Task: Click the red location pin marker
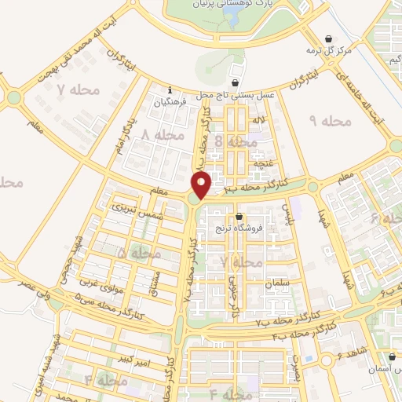tap(203, 185)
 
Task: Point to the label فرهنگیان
tap(170, 102)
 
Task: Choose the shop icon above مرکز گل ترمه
tap(328, 39)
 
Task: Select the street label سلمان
tap(278, 283)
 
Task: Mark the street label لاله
tap(258, 120)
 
